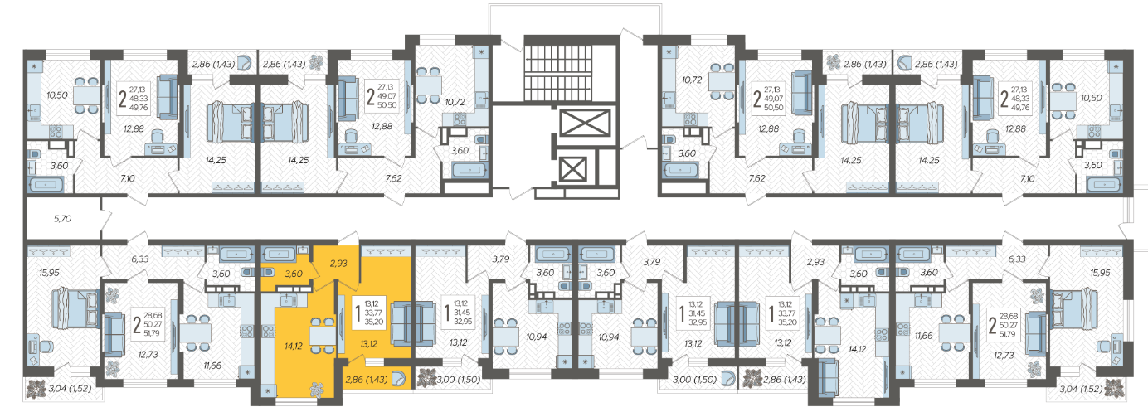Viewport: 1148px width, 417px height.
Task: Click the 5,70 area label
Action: pyautogui.click(x=62, y=219)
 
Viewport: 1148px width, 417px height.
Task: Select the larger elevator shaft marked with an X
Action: pyautogui.click(x=586, y=124)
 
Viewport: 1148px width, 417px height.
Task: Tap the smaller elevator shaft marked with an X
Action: pyautogui.click(x=572, y=169)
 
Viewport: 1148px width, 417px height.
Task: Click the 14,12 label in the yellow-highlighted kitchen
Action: pyautogui.click(x=293, y=347)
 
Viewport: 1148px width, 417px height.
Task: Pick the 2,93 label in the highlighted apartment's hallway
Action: pyautogui.click(x=338, y=264)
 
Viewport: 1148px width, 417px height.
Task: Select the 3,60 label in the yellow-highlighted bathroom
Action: pyautogui.click(x=294, y=274)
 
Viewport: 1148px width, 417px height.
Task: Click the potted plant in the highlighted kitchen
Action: pyautogui.click(x=317, y=390)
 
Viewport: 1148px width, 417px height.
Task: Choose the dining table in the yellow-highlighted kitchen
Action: pyautogui.click(x=323, y=336)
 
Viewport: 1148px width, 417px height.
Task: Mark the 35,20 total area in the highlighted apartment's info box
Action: pyautogui.click(x=373, y=322)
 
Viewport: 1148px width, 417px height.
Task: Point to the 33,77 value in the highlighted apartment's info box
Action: pyautogui.click(x=373, y=313)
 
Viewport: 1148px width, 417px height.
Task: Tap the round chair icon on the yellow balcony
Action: pyautogui.click(x=398, y=379)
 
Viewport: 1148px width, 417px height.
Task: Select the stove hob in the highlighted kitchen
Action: pyautogui.click(x=269, y=331)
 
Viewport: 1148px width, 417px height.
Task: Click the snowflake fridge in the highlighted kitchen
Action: pyautogui.click(x=268, y=390)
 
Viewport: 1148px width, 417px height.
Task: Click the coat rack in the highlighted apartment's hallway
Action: pyautogui.click(x=386, y=251)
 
